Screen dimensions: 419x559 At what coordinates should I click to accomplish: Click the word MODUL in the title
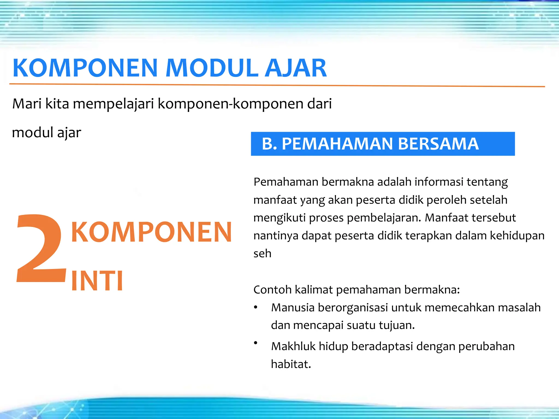[x=212, y=68]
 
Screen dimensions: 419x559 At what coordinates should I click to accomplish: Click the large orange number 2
[x=41, y=248]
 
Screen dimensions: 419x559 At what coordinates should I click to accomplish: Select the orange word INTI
[x=97, y=281]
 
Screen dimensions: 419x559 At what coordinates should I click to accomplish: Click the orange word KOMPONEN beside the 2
[x=151, y=232]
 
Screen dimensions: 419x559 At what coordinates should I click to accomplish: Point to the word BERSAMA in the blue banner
[x=438, y=144]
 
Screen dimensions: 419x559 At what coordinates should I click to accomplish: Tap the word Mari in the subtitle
[x=26, y=104]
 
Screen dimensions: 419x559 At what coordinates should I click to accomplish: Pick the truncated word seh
[x=262, y=253]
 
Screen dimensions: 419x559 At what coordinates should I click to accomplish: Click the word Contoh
[x=272, y=289]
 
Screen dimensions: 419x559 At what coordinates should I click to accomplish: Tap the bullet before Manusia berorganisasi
[x=256, y=308]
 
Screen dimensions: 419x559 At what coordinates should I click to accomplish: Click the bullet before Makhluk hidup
[x=256, y=343]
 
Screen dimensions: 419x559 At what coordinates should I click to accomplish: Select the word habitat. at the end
[x=291, y=364]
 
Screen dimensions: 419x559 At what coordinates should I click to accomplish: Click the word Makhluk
[x=293, y=346]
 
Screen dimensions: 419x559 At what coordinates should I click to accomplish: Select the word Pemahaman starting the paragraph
[x=286, y=182]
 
